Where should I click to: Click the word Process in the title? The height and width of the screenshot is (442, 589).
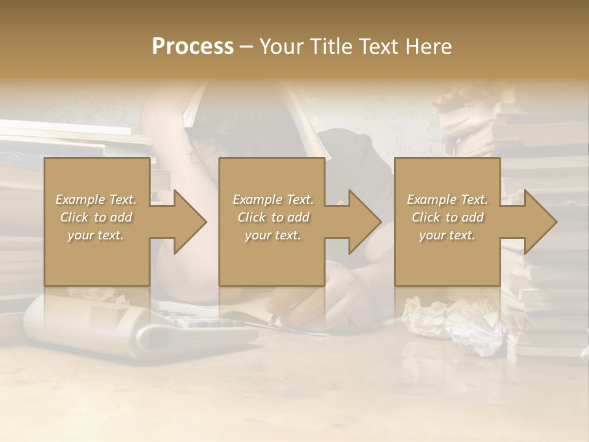193,47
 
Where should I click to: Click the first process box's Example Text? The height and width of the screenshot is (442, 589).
96,200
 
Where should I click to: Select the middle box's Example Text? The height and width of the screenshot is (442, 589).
272,200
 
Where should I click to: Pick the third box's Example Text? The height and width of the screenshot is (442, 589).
447,200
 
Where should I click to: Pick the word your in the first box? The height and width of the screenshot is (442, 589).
80,235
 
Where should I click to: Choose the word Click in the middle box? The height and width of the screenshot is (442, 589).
252,217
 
